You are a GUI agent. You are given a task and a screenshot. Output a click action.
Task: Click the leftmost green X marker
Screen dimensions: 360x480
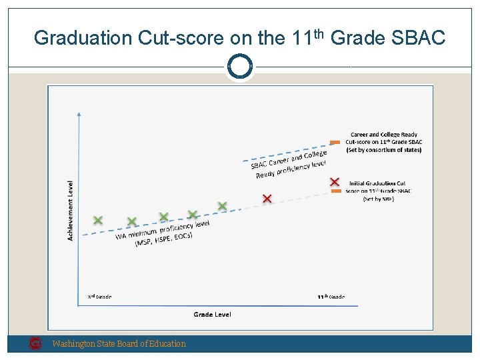click(98, 220)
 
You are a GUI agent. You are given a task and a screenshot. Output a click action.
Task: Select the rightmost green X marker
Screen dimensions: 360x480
click(222, 207)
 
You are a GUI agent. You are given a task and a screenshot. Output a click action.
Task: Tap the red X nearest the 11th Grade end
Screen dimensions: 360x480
click(335, 182)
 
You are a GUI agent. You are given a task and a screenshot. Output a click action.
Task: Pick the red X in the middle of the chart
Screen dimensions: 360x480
click(267, 199)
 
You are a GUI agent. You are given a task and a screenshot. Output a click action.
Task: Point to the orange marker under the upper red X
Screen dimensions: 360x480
click(336, 191)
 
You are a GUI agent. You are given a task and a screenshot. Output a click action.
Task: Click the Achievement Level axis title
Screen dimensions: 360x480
click(71, 211)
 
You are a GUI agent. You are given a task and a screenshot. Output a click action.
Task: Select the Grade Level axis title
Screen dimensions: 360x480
click(213, 314)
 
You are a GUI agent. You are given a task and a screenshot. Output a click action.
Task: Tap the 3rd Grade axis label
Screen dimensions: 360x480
click(100, 297)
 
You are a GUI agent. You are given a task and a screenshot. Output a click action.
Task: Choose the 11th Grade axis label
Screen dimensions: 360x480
click(330, 297)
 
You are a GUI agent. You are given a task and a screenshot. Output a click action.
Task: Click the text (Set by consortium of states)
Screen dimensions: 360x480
click(384, 150)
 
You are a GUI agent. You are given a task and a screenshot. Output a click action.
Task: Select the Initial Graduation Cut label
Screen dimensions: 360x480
click(378, 183)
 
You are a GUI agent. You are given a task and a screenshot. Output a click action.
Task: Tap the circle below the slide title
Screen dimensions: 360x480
click(239, 67)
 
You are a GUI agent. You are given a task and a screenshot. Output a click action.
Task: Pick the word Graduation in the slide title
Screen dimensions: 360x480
click(83, 38)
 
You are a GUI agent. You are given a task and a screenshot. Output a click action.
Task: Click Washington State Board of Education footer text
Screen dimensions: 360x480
click(119, 344)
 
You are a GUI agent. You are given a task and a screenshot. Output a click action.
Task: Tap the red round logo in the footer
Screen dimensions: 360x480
click(36, 344)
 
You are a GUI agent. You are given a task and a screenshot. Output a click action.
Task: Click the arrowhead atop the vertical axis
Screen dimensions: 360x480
click(79, 115)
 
